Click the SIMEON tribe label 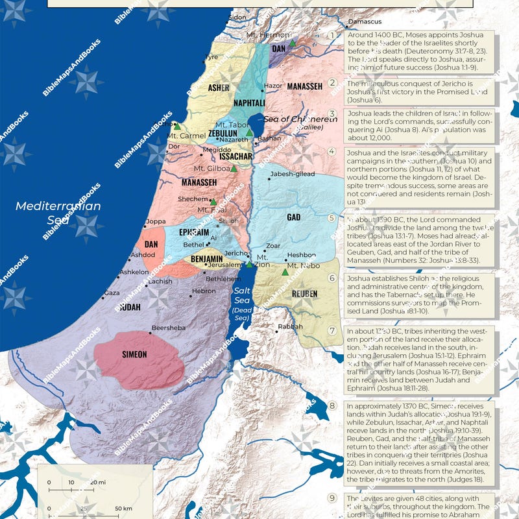(134, 354)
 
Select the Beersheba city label (168, 328)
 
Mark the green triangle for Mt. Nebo (284, 272)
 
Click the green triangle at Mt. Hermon (293, 43)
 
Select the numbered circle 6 (332, 278)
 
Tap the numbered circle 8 (332, 406)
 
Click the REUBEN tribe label (304, 294)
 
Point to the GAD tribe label (294, 217)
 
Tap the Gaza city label (112, 293)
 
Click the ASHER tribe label (219, 87)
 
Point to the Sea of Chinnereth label (300, 119)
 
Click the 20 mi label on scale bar (98, 483)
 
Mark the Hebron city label (203, 291)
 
